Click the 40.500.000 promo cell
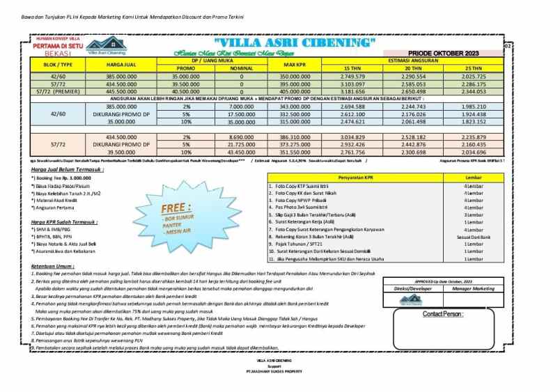pos(186,91)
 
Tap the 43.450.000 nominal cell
pos(241,152)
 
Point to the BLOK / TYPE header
pos(53,64)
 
